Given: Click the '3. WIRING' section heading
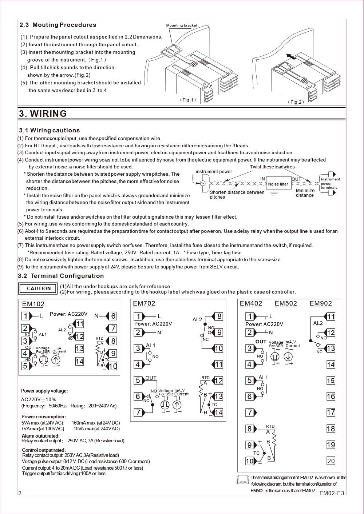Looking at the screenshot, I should click(x=43, y=113).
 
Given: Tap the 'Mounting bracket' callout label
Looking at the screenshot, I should click(x=182, y=25).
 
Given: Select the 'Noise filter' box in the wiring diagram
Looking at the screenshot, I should click(x=278, y=184).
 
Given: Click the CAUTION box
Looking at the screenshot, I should click(x=38, y=288).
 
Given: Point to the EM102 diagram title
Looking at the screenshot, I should click(x=33, y=304).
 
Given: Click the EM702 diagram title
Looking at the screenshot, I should click(x=144, y=303).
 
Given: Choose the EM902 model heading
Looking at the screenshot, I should click(x=321, y=303).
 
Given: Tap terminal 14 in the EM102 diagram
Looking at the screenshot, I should click(x=79, y=361).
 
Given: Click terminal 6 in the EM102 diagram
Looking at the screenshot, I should click(x=113, y=316).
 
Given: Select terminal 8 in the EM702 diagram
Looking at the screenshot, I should click(x=219, y=316).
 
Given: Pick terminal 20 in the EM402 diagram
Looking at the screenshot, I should click(x=331, y=461).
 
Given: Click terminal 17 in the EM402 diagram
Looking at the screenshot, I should click(x=331, y=413).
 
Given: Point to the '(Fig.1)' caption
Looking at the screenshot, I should click(x=188, y=100).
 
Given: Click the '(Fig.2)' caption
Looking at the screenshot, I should click(x=296, y=102).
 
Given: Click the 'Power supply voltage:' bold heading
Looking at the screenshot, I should click(x=44, y=391).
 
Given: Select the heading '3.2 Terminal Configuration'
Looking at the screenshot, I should click(x=61, y=276).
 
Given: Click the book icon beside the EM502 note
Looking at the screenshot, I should click(x=243, y=480).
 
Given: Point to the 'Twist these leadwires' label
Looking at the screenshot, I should click(x=272, y=167).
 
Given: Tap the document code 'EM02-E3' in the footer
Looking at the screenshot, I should click(x=332, y=493).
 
